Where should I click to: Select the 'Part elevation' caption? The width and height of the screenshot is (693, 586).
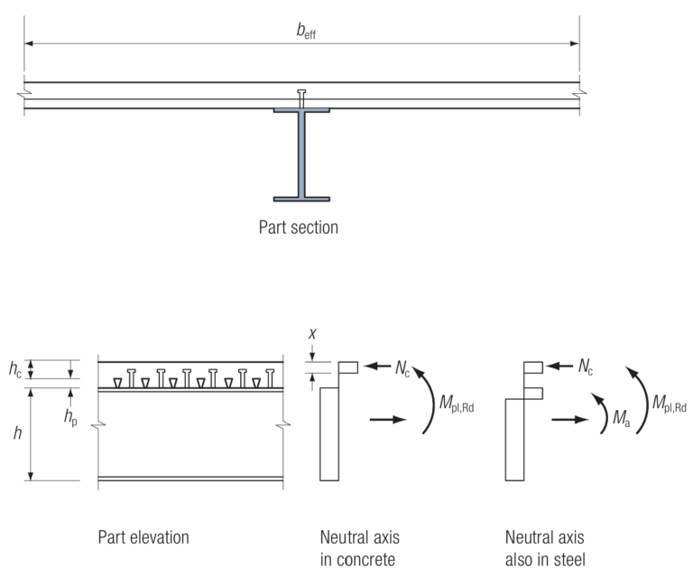pos(143,537)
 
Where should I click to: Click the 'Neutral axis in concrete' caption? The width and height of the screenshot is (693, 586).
pos(360,548)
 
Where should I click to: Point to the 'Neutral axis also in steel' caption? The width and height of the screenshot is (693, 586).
pos(545,548)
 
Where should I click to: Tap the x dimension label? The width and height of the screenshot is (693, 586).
pos(312,333)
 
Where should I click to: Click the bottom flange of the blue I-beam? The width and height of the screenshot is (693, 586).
pos(301,198)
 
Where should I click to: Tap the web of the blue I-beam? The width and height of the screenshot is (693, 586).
pos(301,153)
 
